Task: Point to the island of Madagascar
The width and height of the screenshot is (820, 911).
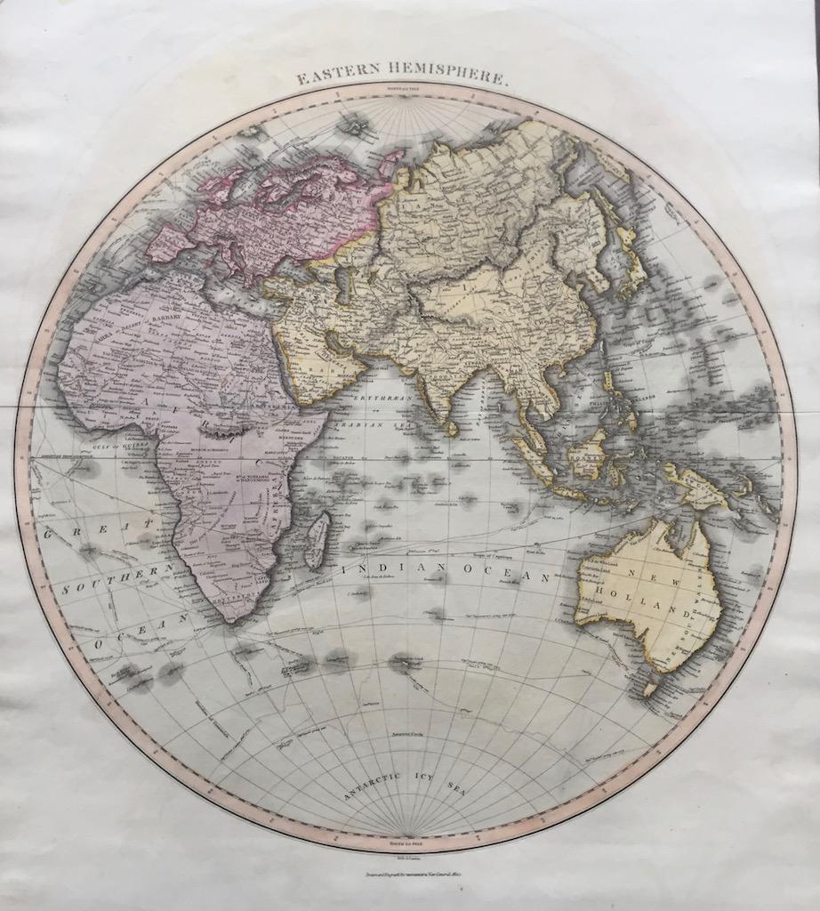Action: coord(316,540)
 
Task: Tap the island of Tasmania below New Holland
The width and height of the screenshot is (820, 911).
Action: coord(649,688)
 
